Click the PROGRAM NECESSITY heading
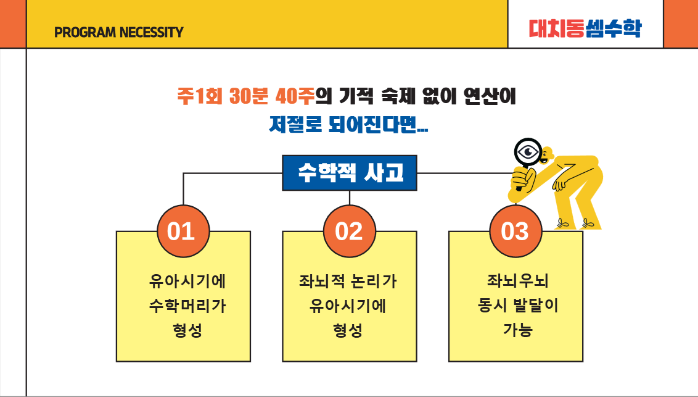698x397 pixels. pyautogui.click(x=118, y=32)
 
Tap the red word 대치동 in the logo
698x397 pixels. pyautogui.click(x=556, y=28)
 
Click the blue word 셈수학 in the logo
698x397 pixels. pyautogui.click(x=614, y=28)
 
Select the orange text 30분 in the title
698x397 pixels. pyautogui.click(x=249, y=96)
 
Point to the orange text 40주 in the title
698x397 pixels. pyautogui.click(x=295, y=96)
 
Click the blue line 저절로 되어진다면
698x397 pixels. pyautogui.click(x=348, y=124)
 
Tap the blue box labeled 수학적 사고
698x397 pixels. pyautogui.click(x=350, y=173)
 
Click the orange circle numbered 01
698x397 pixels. pyautogui.click(x=183, y=231)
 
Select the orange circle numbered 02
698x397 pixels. pyautogui.click(x=350, y=231)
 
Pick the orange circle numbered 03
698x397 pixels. pyautogui.click(x=515, y=231)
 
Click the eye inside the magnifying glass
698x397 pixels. pyautogui.click(x=528, y=153)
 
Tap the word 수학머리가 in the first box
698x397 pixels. pyautogui.click(x=187, y=306)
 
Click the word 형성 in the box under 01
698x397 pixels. pyautogui.click(x=187, y=330)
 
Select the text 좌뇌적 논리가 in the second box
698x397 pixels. pyautogui.click(x=348, y=281)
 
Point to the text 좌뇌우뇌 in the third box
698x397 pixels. pyautogui.click(x=518, y=281)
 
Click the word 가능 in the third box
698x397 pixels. pyautogui.click(x=518, y=330)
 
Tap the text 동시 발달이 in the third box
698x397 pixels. pyautogui.click(x=518, y=305)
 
